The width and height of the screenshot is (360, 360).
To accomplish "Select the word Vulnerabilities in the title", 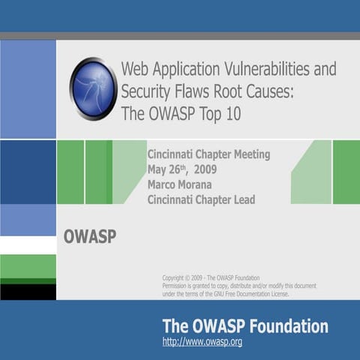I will [x=250, y=70].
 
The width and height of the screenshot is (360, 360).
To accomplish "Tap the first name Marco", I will [x=163, y=184].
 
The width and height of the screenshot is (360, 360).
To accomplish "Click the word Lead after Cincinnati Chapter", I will [x=242, y=199].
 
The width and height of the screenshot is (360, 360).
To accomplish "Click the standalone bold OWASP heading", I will [x=90, y=238].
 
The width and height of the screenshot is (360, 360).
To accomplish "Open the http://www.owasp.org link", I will [x=202, y=343].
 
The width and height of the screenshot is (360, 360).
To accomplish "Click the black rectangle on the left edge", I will [x=28, y=292].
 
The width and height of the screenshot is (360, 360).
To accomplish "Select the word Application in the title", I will [x=181, y=70].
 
